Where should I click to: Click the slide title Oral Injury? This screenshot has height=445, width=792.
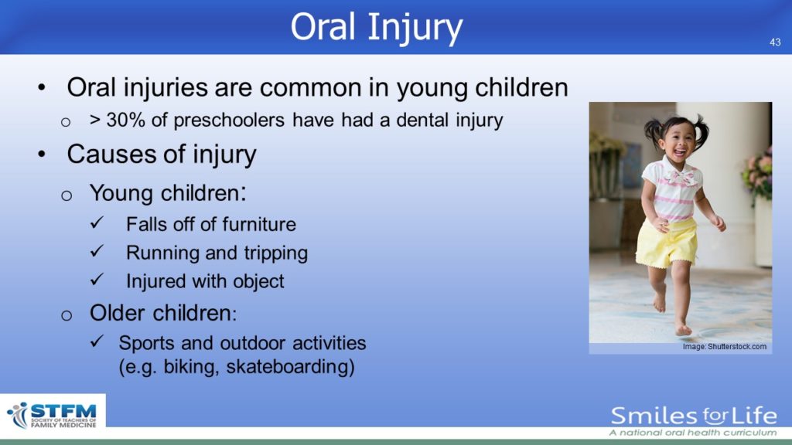(x=377, y=28)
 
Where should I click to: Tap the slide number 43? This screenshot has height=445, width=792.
(x=775, y=42)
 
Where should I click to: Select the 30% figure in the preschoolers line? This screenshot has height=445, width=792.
(x=126, y=120)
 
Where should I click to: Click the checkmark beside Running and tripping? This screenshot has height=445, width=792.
(x=97, y=251)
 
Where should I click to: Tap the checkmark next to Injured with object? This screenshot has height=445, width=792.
(x=97, y=279)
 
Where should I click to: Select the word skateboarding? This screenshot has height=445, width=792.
(x=291, y=367)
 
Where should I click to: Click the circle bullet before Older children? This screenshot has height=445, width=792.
(x=67, y=315)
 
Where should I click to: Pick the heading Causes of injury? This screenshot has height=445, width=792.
(x=162, y=154)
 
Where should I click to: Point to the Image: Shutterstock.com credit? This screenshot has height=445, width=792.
(x=724, y=347)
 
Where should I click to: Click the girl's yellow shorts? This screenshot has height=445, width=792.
(x=667, y=242)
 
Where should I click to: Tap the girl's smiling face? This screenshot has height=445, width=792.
(x=678, y=143)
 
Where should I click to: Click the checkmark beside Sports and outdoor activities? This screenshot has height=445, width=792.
(x=97, y=341)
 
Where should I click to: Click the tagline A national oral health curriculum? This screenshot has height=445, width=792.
(x=692, y=433)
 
